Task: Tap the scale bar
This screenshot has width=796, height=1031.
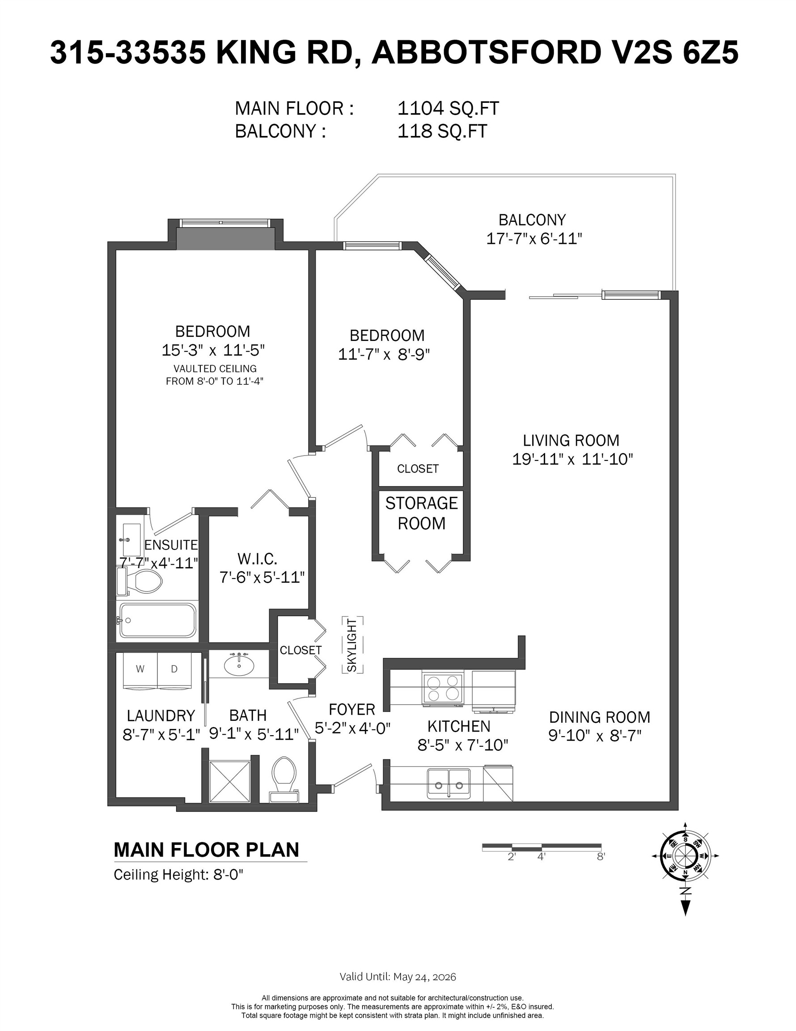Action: tap(542, 847)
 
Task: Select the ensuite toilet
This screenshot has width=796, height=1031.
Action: tap(140, 581)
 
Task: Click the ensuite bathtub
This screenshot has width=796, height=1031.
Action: tap(157, 620)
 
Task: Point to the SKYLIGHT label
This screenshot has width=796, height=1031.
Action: tap(352, 645)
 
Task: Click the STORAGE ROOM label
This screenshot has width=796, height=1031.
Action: tap(421, 513)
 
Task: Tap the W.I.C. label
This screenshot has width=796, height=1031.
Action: tap(257, 559)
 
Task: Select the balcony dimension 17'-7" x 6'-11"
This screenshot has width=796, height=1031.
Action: tap(534, 239)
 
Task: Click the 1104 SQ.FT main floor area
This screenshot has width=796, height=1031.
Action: tap(448, 109)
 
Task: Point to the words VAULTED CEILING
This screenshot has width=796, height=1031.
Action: tap(215, 369)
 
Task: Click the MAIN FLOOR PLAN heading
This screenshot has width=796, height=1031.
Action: tap(207, 850)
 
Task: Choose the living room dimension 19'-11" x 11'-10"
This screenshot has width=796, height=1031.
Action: tap(572, 459)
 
